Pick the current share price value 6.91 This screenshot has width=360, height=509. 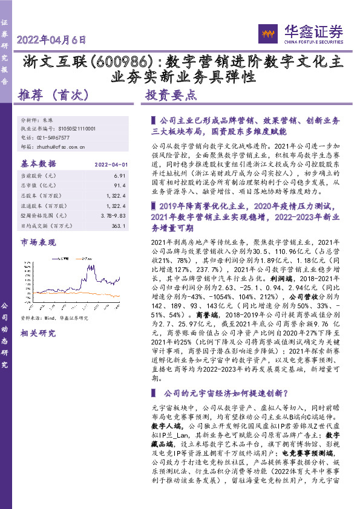point(119,175)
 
